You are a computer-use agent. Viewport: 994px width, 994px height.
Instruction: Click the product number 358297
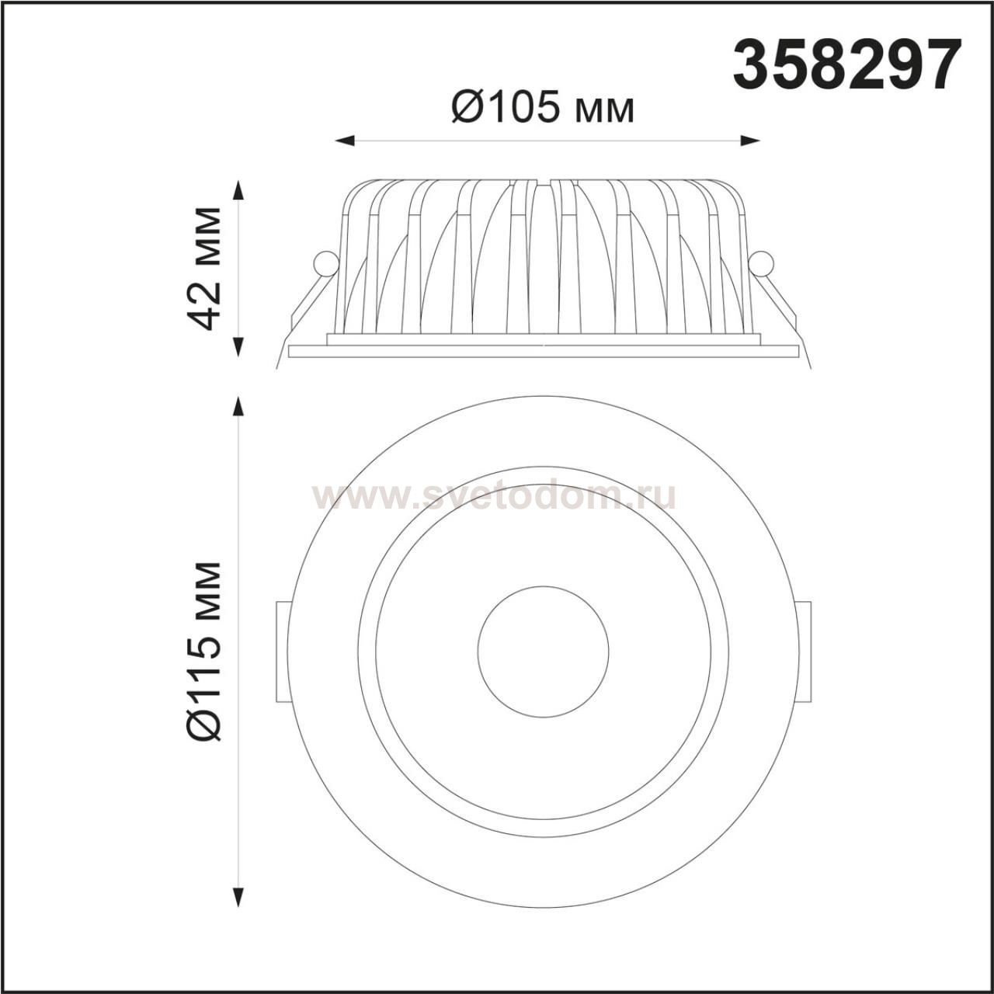pos(847,66)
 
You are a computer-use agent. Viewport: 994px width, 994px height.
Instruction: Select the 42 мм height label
pos(205,268)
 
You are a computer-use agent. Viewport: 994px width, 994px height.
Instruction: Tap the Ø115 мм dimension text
pos(205,652)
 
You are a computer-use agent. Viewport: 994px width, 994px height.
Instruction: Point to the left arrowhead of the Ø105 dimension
pos(345,141)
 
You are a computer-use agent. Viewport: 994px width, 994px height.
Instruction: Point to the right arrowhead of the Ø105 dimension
pos(750,141)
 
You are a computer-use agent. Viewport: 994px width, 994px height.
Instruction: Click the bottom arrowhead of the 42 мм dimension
pos(238,347)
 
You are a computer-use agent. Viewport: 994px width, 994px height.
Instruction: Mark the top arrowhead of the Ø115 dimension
pos(238,406)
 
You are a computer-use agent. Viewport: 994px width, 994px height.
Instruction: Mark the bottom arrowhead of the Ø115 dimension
pos(238,897)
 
